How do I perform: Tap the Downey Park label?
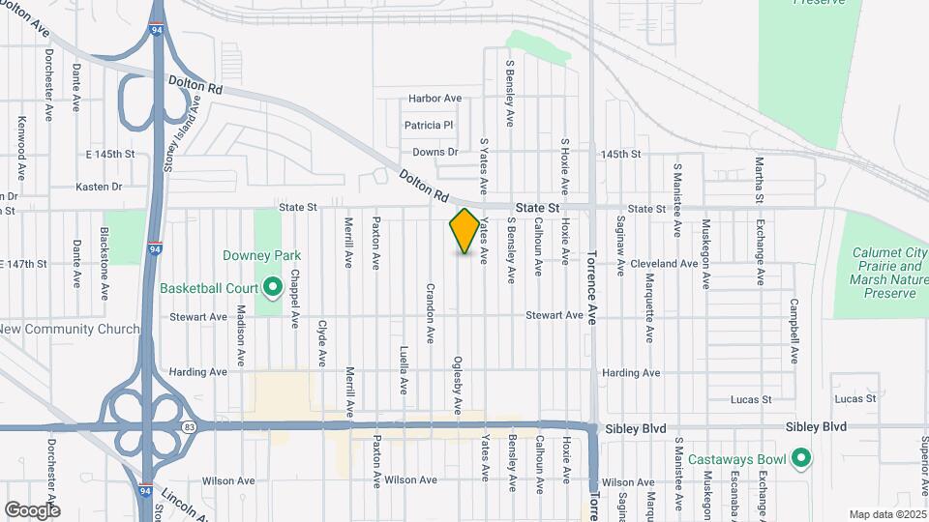[x=261, y=255]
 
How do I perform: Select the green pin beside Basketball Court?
[x=273, y=287]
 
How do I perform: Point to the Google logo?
[x=32, y=509]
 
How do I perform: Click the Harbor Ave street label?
[x=435, y=99]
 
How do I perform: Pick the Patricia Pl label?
[x=429, y=126]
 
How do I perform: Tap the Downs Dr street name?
[x=435, y=152]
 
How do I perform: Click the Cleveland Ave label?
[x=663, y=263]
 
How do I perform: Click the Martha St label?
[x=759, y=180]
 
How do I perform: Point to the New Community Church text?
[x=69, y=329]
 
